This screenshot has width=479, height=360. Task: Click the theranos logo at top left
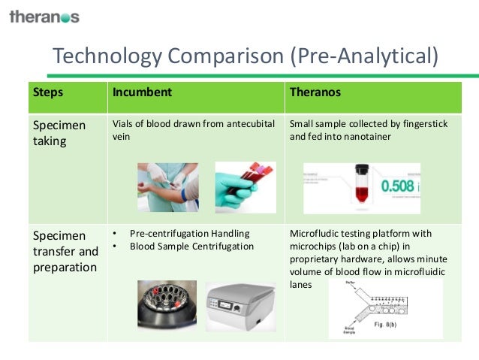pos(44,16)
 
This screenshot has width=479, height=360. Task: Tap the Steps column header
pos(48,93)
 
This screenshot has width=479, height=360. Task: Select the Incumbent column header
pos(143,93)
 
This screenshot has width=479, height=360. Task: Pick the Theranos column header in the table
pos(315,93)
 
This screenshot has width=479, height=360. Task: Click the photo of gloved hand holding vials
pos(246,186)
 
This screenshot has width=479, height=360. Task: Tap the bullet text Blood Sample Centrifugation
pos(191,246)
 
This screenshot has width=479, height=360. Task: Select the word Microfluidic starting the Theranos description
pos(317,233)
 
